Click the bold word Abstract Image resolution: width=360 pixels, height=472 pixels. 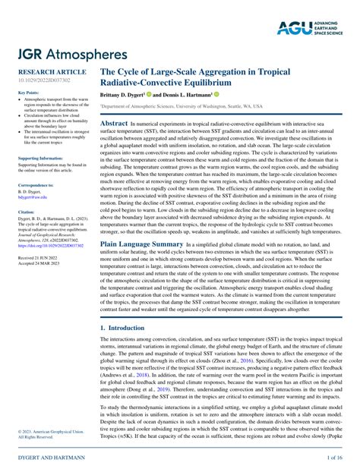point(114,122)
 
